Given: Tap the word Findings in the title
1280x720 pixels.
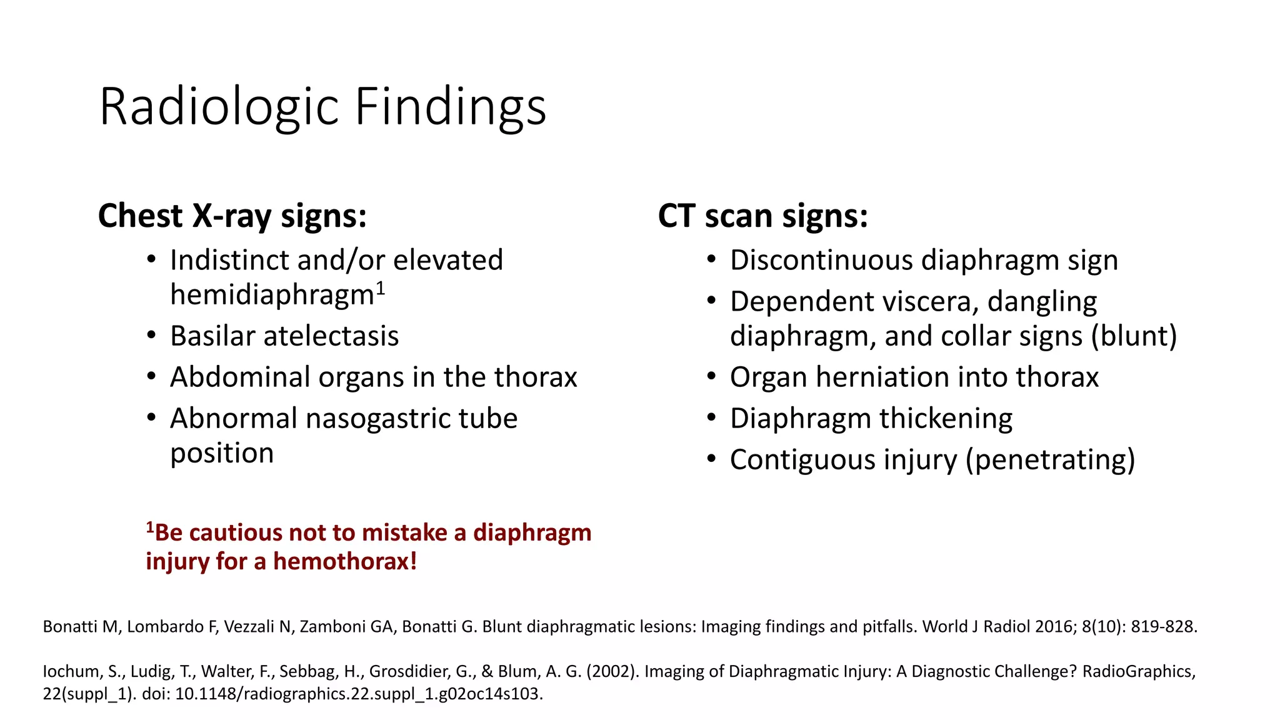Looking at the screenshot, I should tap(451, 107).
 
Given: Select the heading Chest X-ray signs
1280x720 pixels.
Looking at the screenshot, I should tap(232, 216).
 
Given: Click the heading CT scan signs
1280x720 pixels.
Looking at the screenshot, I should tap(762, 216).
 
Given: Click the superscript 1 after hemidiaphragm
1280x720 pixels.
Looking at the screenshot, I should tap(381, 289).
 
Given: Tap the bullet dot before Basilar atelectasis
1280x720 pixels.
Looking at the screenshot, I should tap(151, 335).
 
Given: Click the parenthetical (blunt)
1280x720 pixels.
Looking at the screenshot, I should tap(1134, 336).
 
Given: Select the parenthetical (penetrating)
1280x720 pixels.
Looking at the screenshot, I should tap(1050, 460).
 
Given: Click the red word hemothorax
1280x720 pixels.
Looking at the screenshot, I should tap(344, 561).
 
